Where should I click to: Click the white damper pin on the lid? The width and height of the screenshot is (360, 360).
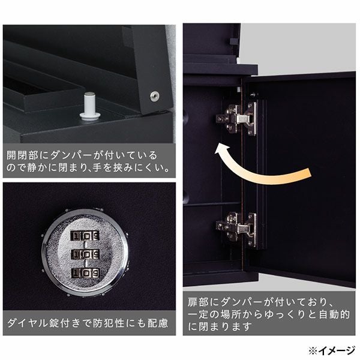point(90,106)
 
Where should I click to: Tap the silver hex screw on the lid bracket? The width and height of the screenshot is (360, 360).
point(155,96)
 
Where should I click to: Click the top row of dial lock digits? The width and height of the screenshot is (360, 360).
point(85,236)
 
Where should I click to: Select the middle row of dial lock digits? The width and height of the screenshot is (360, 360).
point(85,254)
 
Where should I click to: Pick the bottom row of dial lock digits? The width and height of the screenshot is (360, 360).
point(85,273)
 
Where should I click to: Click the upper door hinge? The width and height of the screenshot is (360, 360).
point(236,118)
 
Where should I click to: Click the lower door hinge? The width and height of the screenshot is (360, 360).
point(236,230)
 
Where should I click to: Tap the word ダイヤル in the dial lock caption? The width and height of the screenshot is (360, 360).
point(28,323)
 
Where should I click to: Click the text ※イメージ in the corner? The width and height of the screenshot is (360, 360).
point(332,350)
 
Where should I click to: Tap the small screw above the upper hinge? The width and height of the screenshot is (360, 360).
point(253,94)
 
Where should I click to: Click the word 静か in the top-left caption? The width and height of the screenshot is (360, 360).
point(34,168)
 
